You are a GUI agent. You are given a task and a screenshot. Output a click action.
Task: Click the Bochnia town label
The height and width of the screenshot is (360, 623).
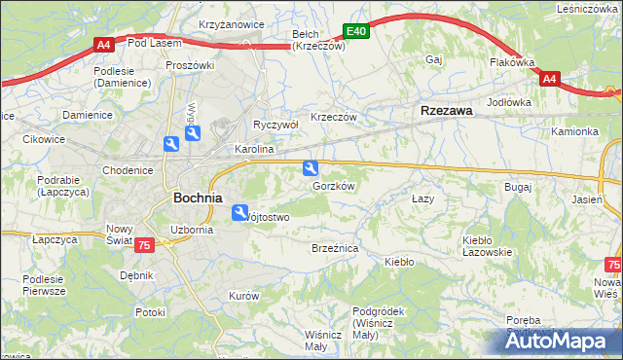(x=201, y=197)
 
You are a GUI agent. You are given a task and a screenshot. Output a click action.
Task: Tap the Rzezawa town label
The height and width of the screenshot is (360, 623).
(x=446, y=111)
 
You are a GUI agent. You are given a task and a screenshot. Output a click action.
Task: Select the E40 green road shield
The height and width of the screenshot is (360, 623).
(x=356, y=32)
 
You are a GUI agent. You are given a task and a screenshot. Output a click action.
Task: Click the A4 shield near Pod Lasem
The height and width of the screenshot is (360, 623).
(x=104, y=44)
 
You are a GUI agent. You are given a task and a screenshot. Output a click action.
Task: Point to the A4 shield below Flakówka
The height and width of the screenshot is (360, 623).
(x=548, y=79)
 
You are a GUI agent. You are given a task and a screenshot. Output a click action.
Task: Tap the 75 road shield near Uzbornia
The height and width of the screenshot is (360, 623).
(x=143, y=247)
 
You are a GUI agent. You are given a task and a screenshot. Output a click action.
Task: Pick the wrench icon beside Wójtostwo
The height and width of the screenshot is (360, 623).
(x=239, y=212)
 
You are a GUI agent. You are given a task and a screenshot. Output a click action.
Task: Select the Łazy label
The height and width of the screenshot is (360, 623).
(x=421, y=198)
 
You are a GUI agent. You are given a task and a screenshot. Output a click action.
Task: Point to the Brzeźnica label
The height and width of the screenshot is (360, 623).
(x=335, y=249)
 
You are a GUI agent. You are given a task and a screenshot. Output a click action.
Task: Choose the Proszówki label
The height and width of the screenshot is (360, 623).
(x=189, y=65)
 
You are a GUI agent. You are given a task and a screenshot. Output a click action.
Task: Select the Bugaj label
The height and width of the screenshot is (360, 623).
(x=517, y=186)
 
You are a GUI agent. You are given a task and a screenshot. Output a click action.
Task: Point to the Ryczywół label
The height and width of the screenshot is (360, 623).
(x=275, y=125)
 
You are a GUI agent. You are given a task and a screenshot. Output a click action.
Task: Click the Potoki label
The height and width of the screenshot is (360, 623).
(x=151, y=312)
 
